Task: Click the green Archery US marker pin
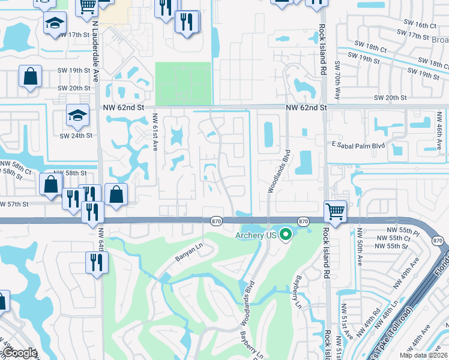[x=286, y=235]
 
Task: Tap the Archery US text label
[x=255, y=235]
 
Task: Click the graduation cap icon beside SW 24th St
[x=77, y=115]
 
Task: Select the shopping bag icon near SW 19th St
[x=29, y=77]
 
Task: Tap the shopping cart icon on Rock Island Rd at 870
[x=336, y=211]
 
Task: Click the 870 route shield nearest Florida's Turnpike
[x=437, y=241]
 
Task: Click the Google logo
[x=19, y=353]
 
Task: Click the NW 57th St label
[x=14, y=204]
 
